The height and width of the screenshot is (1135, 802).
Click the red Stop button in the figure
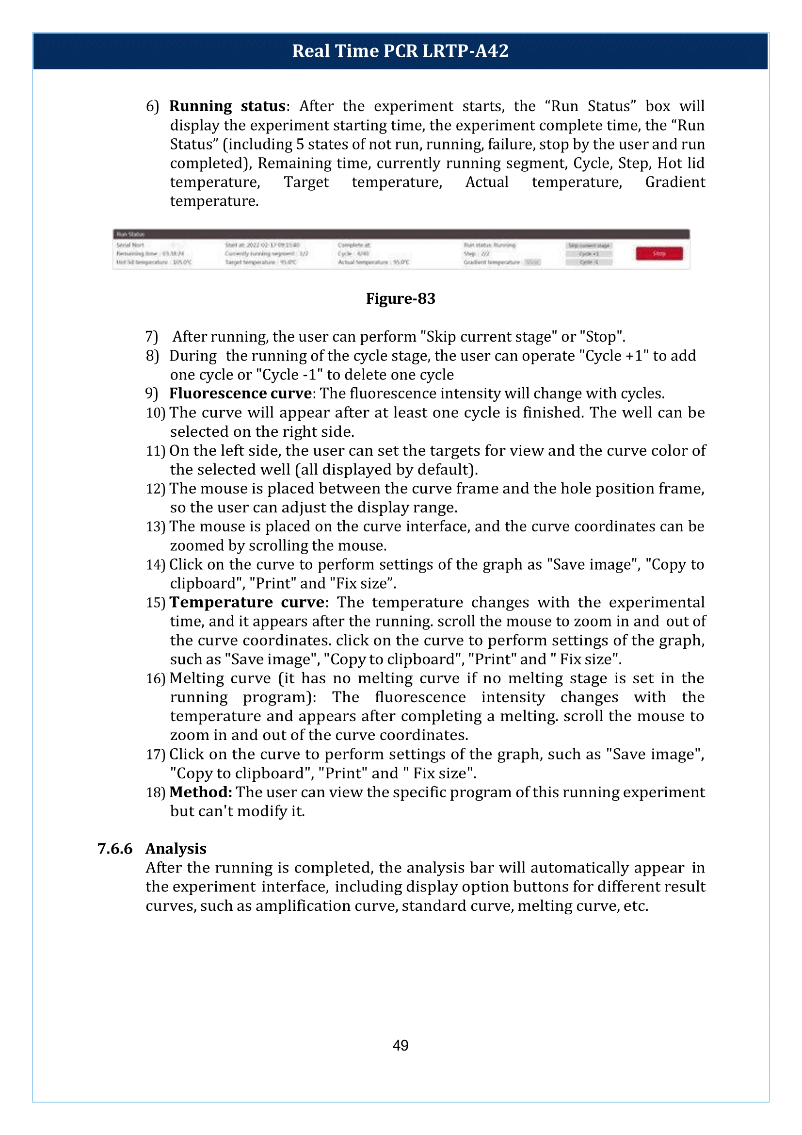coord(659,254)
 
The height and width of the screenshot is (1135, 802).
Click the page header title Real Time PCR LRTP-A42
coord(400,51)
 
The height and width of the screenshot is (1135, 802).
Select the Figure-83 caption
coord(401,298)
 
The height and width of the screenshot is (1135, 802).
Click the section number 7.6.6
coord(115,849)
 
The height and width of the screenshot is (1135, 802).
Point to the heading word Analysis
coord(176,849)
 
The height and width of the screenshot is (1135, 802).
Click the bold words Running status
coord(227,106)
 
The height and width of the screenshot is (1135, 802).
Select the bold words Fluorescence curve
coord(241,394)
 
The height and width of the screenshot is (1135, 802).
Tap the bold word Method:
coord(201,792)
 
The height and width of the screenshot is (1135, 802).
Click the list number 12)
coord(155,489)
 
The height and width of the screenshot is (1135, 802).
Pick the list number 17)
coord(155,755)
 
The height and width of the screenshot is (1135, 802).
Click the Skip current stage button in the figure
coord(589,245)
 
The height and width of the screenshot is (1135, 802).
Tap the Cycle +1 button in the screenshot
coord(589,254)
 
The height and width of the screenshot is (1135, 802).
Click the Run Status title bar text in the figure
coord(129,234)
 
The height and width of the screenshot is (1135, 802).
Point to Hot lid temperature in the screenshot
coord(154,262)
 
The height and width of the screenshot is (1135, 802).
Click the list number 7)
coord(151,337)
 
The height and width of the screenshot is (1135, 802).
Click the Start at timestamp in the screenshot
coord(262,245)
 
